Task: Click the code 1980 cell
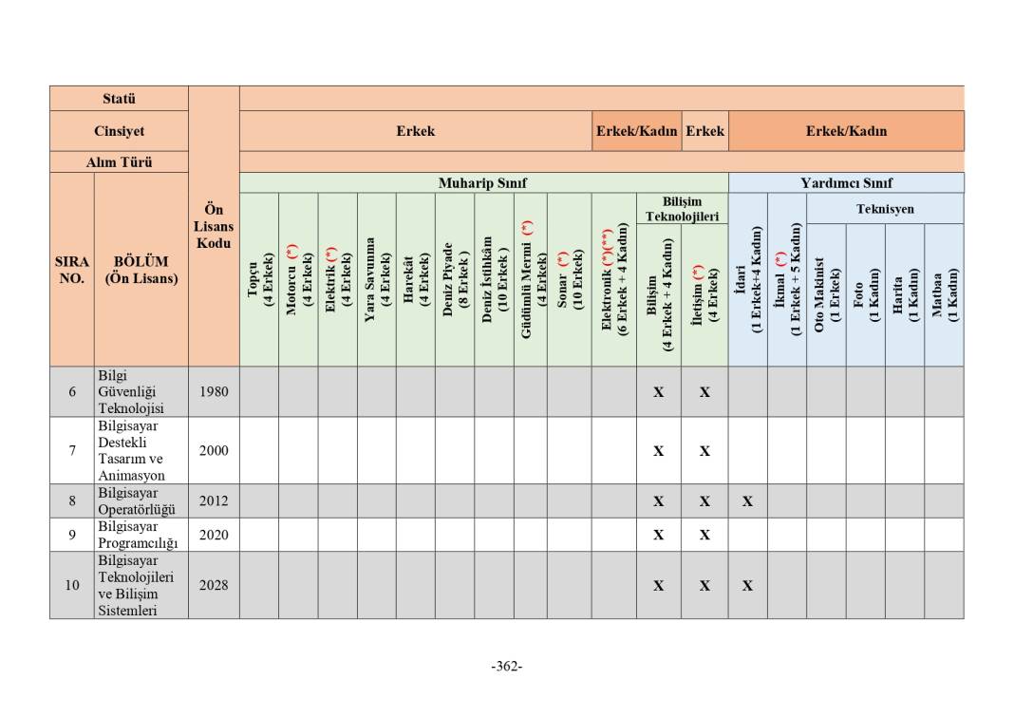point(214,391)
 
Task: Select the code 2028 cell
point(214,585)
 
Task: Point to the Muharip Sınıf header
point(482,183)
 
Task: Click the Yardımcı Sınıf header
point(846,183)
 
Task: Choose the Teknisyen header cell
point(885,208)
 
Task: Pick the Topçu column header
point(259,280)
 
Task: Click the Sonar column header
point(570,280)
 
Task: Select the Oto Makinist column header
point(827,294)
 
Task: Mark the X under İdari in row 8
point(747,500)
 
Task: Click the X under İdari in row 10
point(747,586)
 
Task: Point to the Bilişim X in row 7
point(658,451)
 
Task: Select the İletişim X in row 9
point(704,535)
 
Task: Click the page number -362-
point(507,666)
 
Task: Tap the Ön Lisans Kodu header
point(214,226)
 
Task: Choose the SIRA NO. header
point(72,270)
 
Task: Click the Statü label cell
point(119,99)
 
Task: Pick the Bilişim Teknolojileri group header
point(682,209)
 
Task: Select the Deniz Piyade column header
point(455,280)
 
